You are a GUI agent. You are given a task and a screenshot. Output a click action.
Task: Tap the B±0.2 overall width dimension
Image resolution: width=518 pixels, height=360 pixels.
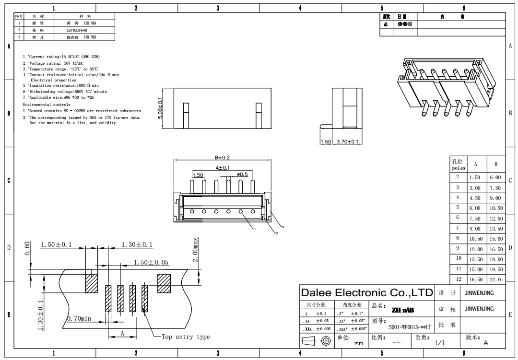click(223, 157)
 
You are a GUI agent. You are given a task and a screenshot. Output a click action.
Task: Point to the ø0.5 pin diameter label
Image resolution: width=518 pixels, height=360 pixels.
click(242, 174)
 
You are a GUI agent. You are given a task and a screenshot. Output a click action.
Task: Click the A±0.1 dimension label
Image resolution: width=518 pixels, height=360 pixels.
click(223, 167)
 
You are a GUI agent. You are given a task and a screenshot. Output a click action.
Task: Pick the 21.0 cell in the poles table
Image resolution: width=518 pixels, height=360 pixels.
click(496, 279)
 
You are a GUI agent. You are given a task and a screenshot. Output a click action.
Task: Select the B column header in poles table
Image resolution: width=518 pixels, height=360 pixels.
click(496, 163)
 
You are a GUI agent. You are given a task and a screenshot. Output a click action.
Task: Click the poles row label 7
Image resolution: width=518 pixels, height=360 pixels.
click(458, 228)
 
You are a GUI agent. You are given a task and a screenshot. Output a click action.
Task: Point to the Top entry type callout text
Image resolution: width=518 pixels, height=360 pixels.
click(186, 337)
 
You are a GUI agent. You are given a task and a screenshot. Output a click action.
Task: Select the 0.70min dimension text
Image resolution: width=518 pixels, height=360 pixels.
click(79, 318)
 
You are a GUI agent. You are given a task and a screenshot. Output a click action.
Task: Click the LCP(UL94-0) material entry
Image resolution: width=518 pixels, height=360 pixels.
click(77, 30)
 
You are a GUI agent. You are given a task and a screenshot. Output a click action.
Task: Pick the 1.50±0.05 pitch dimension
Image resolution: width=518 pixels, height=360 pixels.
click(151, 262)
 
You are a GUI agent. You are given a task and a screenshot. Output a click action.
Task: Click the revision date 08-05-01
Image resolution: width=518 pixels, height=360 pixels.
click(402, 23)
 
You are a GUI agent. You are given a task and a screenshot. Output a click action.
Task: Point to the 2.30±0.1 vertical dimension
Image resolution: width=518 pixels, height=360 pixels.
click(41, 315)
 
